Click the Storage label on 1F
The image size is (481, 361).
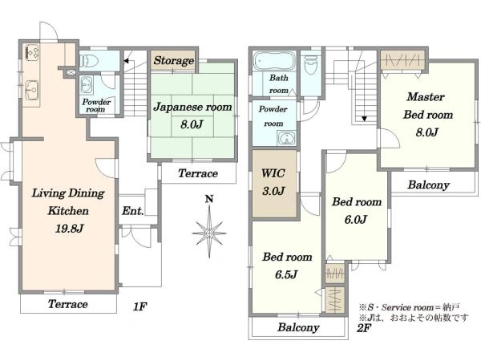pyautogui.click(x=174, y=60)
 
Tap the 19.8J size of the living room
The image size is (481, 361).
pyautogui.click(x=69, y=229)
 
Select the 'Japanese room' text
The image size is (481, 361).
pyautogui.click(x=192, y=107)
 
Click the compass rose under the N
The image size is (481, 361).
pyautogui.click(x=209, y=233)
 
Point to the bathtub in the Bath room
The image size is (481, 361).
pyautogui.click(x=274, y=61)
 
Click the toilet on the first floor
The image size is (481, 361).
pyautogui.click(x=89, y=60)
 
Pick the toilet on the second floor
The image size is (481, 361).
pyautogui.click(x=310, y=65)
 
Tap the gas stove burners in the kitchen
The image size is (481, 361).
pyautogui.click(x=31, y=52)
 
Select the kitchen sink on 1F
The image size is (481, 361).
pyautogui.click(x=31, y=90)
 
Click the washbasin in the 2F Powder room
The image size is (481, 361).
pyautogui.click(x=287, y=138)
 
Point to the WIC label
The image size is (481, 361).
pyautogui.click(x=273, y=173)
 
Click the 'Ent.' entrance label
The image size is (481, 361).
pyautogui.click(x=133, y=211)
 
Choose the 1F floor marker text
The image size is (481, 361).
pyautogui.click(x=139, y=306)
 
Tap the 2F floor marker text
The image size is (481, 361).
pyautogui.click(x=364, y=328)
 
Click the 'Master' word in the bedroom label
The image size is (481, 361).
pyautogui.click(x=426, y=97)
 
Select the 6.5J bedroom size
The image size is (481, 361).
pyautogui.click(x=286, y=274)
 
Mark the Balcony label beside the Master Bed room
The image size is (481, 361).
pyautogui.click(x=429, y=185)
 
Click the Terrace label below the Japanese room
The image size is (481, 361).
pyautogui.click(x=198, y=173)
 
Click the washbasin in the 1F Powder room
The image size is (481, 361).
pyautogui.click(x=87, y=84)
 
